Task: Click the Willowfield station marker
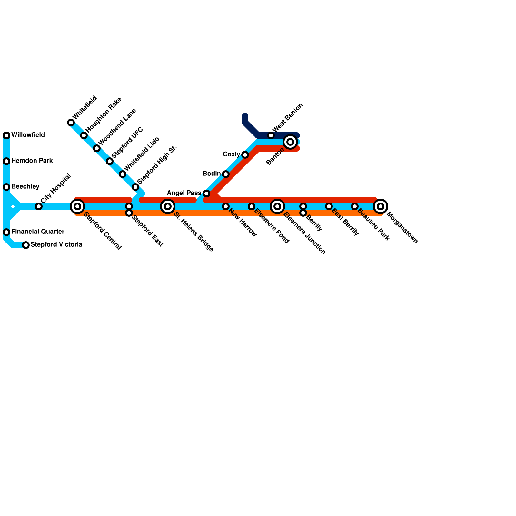[x=6, y=135]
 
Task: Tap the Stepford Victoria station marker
[x=26, y=245]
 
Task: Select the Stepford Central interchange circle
[x=77, y=206]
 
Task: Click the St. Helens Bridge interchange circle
[x=168, y=206]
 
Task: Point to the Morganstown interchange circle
[x=381, y=206]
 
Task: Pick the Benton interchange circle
[x=290, y=142]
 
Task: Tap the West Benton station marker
[x=271, y=135]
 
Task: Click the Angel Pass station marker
[x=206, y=193]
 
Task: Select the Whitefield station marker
[x=71, y=123]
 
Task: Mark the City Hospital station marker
[x=39, y=206]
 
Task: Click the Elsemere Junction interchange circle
[x=277, y=206]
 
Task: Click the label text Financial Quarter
[x=38, y=232]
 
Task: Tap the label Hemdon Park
[x=32, y=161]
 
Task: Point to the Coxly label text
[x=231, y=154]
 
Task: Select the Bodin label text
[x=212, y=174]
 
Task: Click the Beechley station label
[x=25, y=186]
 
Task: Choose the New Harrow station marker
[x=226, y=206]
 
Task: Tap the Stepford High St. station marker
[x=135, y=187]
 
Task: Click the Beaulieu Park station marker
[x=355, y=206]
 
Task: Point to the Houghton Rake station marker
[x=84, y=135]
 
